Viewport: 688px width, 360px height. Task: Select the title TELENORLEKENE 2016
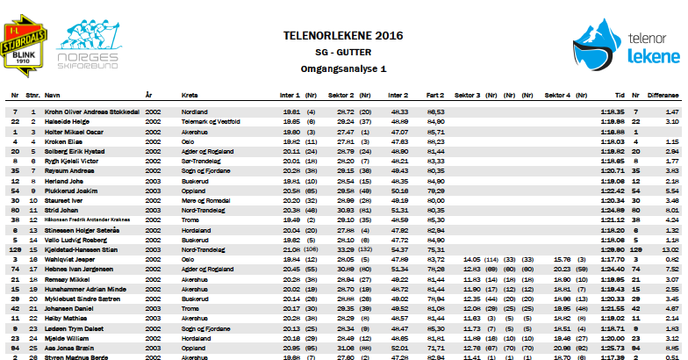[343, 36]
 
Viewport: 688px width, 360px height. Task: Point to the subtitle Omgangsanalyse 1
[343, 68]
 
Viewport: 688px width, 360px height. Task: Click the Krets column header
[189, 93]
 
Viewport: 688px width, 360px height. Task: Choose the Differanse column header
[663, 93]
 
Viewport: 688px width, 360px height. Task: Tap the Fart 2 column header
[435, 93]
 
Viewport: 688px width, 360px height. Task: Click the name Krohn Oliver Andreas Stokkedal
[87, 112]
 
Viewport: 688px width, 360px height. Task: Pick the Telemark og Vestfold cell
[212, 121]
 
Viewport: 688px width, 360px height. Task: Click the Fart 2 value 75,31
[435, 250]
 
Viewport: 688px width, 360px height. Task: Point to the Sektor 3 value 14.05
[471, 260]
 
